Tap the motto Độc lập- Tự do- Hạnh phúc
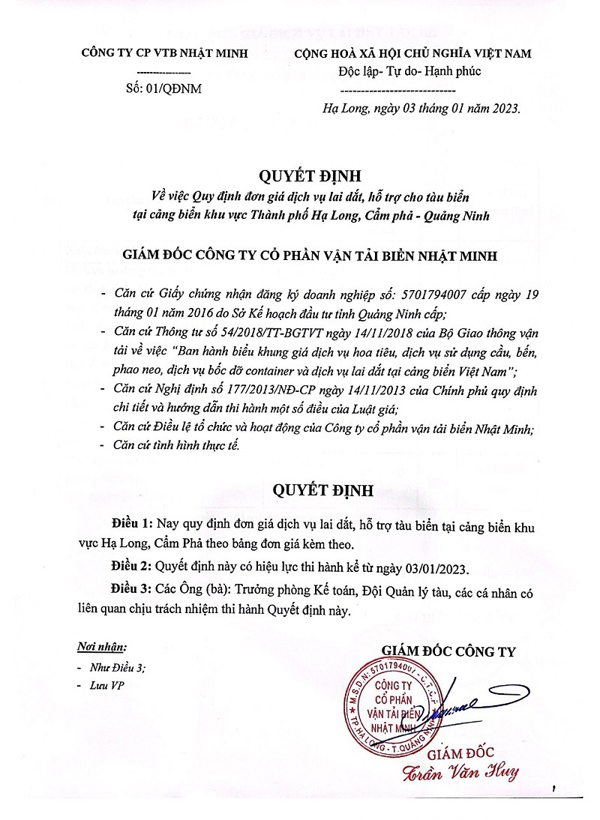(x=409, y=71)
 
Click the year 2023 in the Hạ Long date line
(x=502, y=108)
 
